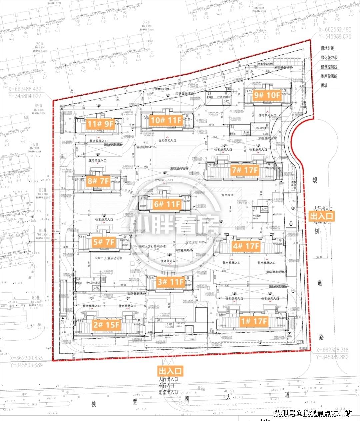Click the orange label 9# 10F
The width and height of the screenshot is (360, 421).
coord(267,95)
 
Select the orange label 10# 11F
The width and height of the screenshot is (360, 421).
coord(166,120)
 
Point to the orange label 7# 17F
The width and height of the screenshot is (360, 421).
coord(245,170)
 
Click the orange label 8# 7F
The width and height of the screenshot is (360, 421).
coord(98,181)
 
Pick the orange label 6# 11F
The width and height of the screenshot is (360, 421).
coord(167,204)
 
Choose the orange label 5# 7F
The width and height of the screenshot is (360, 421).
coord(104,242)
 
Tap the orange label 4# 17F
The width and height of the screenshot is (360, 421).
coord(246,246)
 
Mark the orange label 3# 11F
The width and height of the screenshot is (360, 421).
coord(171,282)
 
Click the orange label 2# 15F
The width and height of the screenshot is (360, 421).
coord(106,324)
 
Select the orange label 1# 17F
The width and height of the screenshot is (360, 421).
coord(254,321)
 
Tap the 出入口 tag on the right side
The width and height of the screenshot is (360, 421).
coord(321,216)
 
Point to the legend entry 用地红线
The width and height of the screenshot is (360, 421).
coord(327,49)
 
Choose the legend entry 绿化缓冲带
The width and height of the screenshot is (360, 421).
coord(329,58)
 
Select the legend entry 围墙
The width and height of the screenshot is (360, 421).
coord(324,85)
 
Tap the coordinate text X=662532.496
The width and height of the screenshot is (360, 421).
coord(335,30)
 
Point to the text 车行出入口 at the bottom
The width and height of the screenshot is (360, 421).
coord(168,386)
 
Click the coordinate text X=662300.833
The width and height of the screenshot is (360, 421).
coord(26,358)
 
